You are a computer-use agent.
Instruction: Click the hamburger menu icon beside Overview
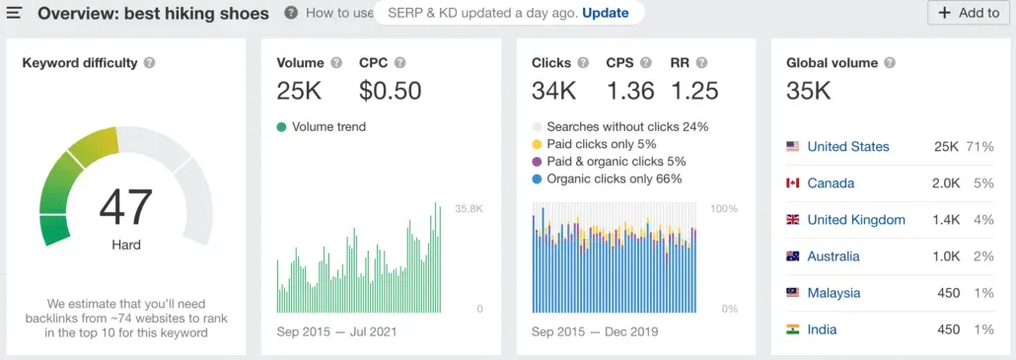15,14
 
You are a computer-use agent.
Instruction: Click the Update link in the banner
605,13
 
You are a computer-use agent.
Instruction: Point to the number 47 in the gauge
125,207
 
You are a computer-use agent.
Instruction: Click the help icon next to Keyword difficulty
149,63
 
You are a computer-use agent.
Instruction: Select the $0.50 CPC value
390,91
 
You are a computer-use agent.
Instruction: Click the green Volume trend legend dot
282,127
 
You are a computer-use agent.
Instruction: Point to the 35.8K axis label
468,209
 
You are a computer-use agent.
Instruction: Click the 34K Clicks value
553,91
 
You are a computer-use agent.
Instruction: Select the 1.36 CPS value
630,91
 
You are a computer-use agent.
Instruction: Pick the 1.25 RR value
695,91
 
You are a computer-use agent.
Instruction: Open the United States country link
847,147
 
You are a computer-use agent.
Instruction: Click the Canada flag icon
792,183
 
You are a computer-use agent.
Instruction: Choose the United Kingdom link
855,220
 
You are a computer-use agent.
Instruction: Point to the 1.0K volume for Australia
945,256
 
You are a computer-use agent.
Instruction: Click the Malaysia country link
834,293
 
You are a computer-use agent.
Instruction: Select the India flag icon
792,329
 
